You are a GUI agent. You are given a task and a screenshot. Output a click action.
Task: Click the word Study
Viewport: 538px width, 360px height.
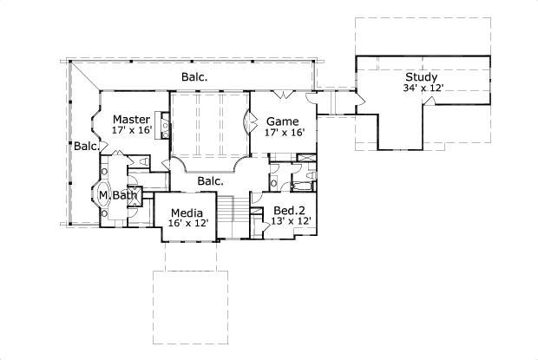pos(420,76)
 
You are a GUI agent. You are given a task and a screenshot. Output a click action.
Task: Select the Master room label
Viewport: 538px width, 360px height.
pos(132,119)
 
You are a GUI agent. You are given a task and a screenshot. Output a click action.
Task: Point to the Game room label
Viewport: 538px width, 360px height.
pos(282,121)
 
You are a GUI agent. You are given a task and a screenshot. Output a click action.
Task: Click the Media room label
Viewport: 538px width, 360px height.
pos(187,213)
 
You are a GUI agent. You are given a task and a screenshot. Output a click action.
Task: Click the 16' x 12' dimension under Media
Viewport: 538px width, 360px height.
pos(187,224)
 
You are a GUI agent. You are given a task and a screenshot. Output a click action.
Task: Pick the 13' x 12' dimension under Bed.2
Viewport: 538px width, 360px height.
pos(292,222)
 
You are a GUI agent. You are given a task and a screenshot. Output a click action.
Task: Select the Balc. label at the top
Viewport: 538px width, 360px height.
pos(194,77)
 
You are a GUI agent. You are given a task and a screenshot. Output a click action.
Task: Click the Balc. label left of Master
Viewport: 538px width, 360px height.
pos(86,146)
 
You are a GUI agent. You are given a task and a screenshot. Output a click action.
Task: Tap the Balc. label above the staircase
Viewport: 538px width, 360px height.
pos(210,181)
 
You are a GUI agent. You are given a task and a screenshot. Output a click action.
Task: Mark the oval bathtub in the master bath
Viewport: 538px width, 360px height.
pos(102,196)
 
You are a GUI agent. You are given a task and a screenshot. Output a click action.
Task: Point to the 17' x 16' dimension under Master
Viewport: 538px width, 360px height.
pos(132,130)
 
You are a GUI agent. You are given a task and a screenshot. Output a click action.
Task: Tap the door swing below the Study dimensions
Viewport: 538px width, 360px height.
pos(428,102)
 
